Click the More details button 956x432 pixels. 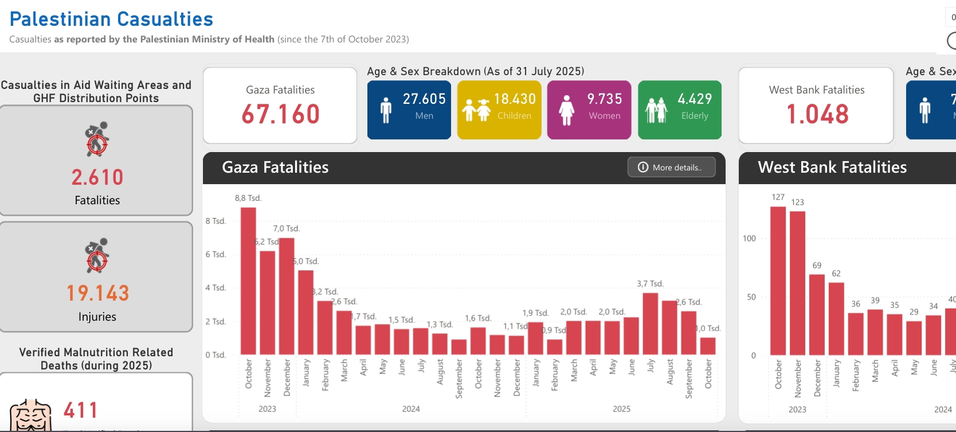click(671, 167)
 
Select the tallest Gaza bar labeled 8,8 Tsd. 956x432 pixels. click(248, 281)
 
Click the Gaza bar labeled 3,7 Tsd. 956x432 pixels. click(651, 324)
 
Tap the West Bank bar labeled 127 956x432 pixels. click(778, 281)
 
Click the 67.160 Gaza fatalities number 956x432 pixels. click(280, 114)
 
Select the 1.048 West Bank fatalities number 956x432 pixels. click(817, 114)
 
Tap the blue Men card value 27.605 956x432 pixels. click(424, 99)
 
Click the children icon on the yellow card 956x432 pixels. click(476, 110)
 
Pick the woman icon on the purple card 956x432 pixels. click(566, 110)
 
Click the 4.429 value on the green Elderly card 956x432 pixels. click(695, 99)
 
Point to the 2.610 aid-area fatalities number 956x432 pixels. click(97, 177)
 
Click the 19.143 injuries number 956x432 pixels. click(97, 293)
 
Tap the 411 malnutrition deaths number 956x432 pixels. click(81, 410)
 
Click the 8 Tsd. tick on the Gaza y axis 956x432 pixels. click(216, 221)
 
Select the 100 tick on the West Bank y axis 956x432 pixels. click(749, 238)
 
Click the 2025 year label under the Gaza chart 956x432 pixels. click(621, 409)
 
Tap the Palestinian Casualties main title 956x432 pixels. click(111, 19)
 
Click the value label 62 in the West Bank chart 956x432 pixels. click(836, 274)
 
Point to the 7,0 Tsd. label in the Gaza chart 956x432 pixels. click(287, 228)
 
